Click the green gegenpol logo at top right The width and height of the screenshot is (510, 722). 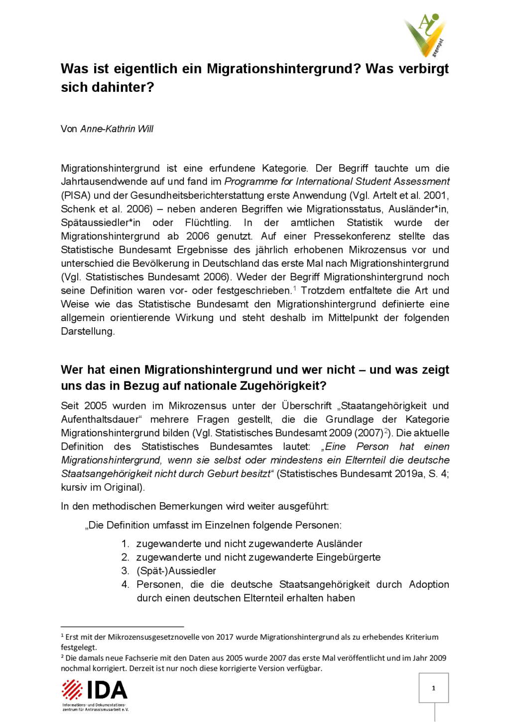point(425,35)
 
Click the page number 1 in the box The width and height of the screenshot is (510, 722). point(433,688)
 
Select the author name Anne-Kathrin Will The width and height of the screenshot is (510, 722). point(117,129)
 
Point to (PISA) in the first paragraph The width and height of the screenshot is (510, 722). point(75,195)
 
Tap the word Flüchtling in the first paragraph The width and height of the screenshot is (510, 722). point(208,222)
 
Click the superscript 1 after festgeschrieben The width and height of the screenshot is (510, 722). point(294,288)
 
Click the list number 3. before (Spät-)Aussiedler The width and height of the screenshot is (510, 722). point(126,571)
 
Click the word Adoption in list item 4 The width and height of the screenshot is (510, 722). point(429,584)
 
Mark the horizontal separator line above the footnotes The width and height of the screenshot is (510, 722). point(122,627)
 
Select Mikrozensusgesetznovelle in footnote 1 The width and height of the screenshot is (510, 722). point(167,637)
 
